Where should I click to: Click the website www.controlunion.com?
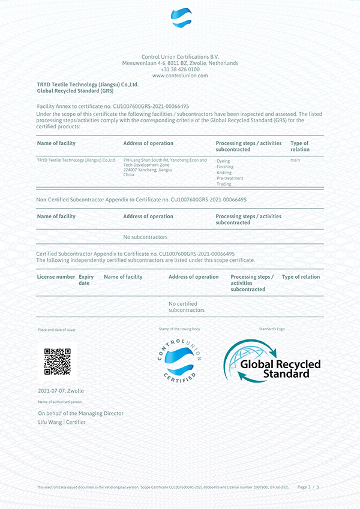[x=180, y=76]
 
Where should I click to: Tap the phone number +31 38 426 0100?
[x=180, y=69]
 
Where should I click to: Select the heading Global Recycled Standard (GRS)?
[x=75, y=91]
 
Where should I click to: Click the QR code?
[x=58, y=362]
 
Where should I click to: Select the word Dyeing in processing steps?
[x=223, y=161]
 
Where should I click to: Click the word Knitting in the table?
[x=224, y=173]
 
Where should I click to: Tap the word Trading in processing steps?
[x=224, y=184]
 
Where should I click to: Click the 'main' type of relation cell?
[x=295, y=160]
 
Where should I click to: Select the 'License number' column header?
[x=56, y=277]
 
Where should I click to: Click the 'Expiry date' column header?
[x=86, y=280]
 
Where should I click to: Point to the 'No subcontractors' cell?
[x=145, y=237]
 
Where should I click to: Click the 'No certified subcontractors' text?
[x=187, y=307]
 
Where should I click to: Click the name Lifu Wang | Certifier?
[x=62, y=422]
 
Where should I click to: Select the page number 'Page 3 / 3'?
[x=308, y=487]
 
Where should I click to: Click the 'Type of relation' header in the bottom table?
[x=301, y=277]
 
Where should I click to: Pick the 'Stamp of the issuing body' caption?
[x=179, y=329]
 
